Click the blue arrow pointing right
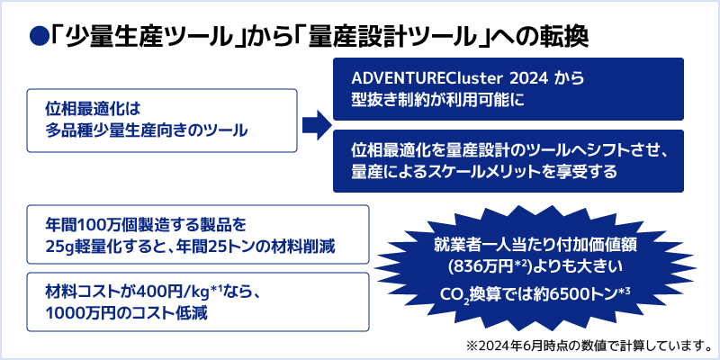point(317,124)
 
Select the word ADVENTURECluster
point(417,78)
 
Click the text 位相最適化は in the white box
point(92,109)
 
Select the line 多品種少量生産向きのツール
point(146,131)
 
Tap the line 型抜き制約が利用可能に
point(437,100)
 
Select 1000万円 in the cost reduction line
point(79,314)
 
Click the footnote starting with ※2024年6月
point(589,345)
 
